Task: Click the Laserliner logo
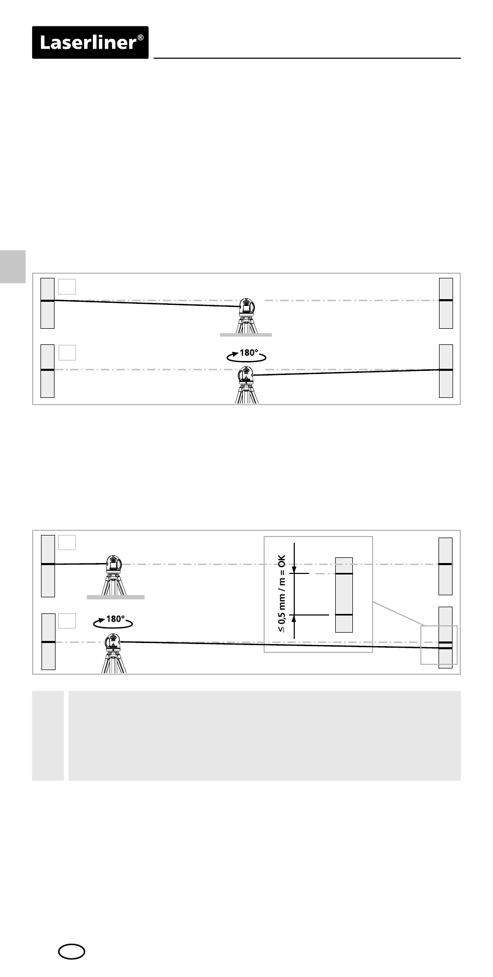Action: pyautogui.click(x=90, y=43)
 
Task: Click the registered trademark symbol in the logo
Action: pyautogui.click(x=141, y=38)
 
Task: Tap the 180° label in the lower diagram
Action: pyautogui.click(x=115, y=619)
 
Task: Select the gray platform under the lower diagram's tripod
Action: pyautogui.click(x=115, y=597)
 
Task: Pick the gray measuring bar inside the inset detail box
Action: pyautogui.click(x=344, y=595)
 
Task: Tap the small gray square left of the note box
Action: pyautogui.click(x=48, y=735)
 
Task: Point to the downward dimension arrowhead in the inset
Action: pyautogui.click(x=294, y=569)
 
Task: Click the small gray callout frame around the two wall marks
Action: pyautogui.click(x=439, y=645)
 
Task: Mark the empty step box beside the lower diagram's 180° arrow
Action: pyautogui.click(x=67, y=621)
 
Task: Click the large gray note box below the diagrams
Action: pyautogui.click(x=265, y=735)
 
